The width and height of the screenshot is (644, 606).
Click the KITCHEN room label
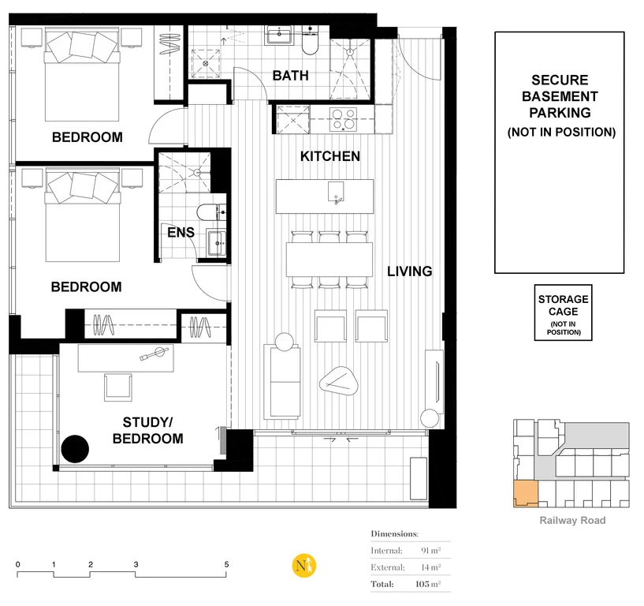(329, 156)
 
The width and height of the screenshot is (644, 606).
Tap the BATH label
(290, 76)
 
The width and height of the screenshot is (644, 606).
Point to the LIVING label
(409, 271)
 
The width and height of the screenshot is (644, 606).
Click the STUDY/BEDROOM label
(147, 430)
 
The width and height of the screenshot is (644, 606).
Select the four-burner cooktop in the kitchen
(343, 119)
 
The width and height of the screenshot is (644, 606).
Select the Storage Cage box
(563, 313)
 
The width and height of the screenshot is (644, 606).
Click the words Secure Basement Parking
(559, 96)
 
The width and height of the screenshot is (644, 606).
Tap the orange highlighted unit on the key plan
(523, 493)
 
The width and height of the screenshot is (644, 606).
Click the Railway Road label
(572, 520)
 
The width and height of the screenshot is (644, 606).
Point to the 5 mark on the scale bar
(226, 565)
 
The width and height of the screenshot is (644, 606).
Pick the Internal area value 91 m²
(430, 550)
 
